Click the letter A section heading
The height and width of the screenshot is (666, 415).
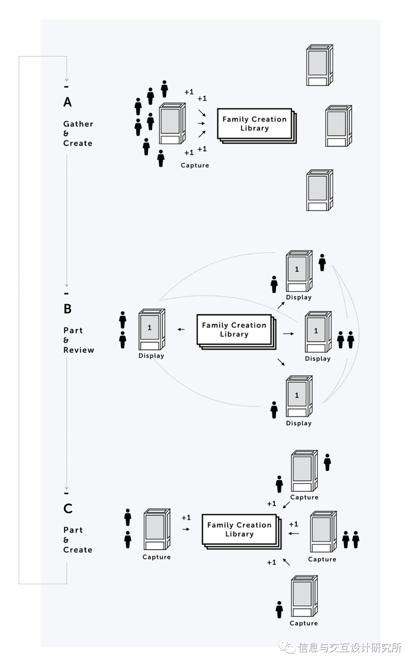coord(68,102)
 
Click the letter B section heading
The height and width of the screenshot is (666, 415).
coord(68,309)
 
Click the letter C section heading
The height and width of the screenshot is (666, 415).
coord(68,509)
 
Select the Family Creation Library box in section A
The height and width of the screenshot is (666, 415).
coord(254,124)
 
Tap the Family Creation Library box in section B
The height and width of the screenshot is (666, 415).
coord(234,330)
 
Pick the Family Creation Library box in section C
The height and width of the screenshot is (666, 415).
coord(239,529)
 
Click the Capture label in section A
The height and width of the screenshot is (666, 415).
coord(195,165)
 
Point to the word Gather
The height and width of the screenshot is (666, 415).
coord(78,124)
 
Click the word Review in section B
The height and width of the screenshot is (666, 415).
coord(79,350)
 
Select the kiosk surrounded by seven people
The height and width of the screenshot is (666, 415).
coord(172,123)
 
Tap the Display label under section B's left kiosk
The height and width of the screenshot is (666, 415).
coord(151,356)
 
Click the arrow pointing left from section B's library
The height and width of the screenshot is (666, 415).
coord(181,329)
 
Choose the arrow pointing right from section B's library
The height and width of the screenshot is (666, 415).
coord(288,334)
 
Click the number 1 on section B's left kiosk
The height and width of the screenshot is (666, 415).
coord(149,328)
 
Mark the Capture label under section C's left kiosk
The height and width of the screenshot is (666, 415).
coord(156,557)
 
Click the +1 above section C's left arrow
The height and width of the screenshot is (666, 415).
coord(186,518)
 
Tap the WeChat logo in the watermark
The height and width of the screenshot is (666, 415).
coord(287,648)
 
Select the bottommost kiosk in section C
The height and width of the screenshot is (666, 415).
coord(304,596)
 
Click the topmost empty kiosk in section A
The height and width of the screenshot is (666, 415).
coord(319,65)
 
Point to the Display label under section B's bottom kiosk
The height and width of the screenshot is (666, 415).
coord(299,423)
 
